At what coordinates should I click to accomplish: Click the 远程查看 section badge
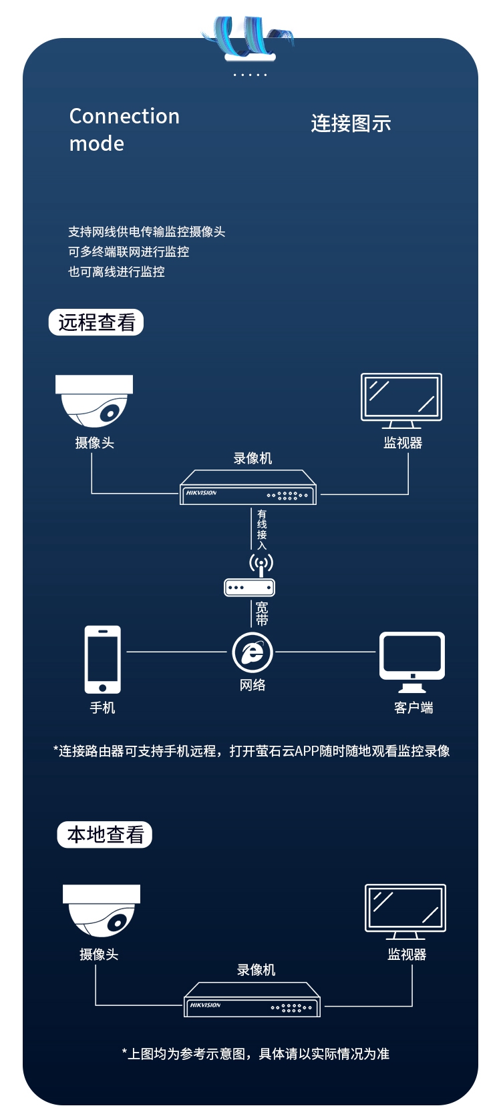click(96, 322)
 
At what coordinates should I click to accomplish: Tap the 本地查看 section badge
click(104, 834)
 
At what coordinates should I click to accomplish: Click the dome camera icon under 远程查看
click(94, 401)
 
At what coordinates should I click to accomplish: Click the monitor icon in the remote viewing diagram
click(401, 401)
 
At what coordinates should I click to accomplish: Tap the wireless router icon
click(250, 576)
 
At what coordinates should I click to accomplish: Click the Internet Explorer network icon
click(253, 652)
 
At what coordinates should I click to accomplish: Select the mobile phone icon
click(102, 659)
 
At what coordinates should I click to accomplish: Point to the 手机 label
click(102, 708)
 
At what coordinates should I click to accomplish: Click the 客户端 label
click(413, 708)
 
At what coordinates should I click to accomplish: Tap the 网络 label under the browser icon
click(253, 685)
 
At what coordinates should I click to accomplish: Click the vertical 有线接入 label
click(262, 529)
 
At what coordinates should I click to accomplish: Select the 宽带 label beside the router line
click(262, 614)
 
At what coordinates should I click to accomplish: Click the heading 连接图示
click(351, 124)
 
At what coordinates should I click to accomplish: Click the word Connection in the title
click(124, 116)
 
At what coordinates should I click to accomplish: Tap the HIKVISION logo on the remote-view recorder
click(202, 492)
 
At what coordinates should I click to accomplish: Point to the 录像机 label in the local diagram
click(256, 970)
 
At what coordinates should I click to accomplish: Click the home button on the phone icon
click(102, 688)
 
